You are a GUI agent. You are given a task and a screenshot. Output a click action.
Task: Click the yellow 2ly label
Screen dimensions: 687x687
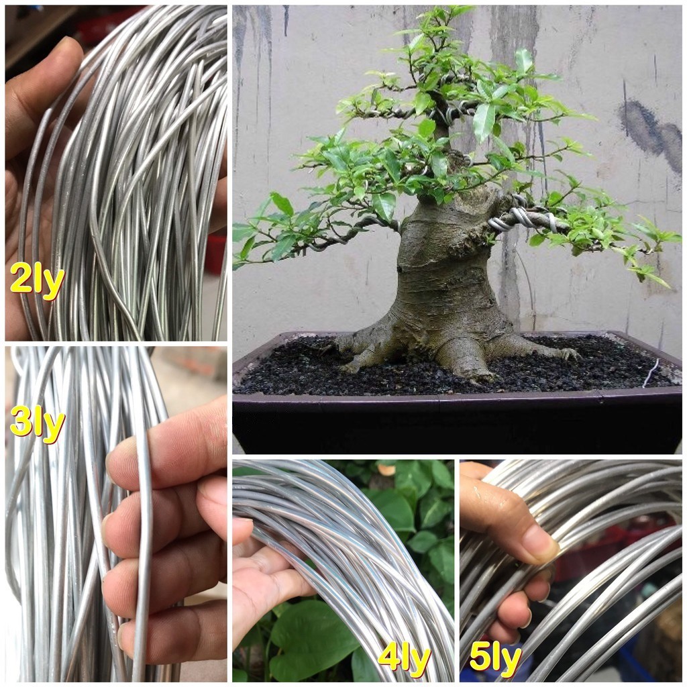pyautogui.click(x=38, y=281)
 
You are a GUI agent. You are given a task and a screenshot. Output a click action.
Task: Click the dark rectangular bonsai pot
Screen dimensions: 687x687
pyautogui.click(x=456, y=423)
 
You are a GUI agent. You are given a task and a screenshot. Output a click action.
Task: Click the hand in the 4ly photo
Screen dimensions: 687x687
pyautogui.click(x=265, y=577)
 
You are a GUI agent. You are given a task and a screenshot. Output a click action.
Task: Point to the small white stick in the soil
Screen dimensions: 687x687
pyautogui.click(x=649, y=373)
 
